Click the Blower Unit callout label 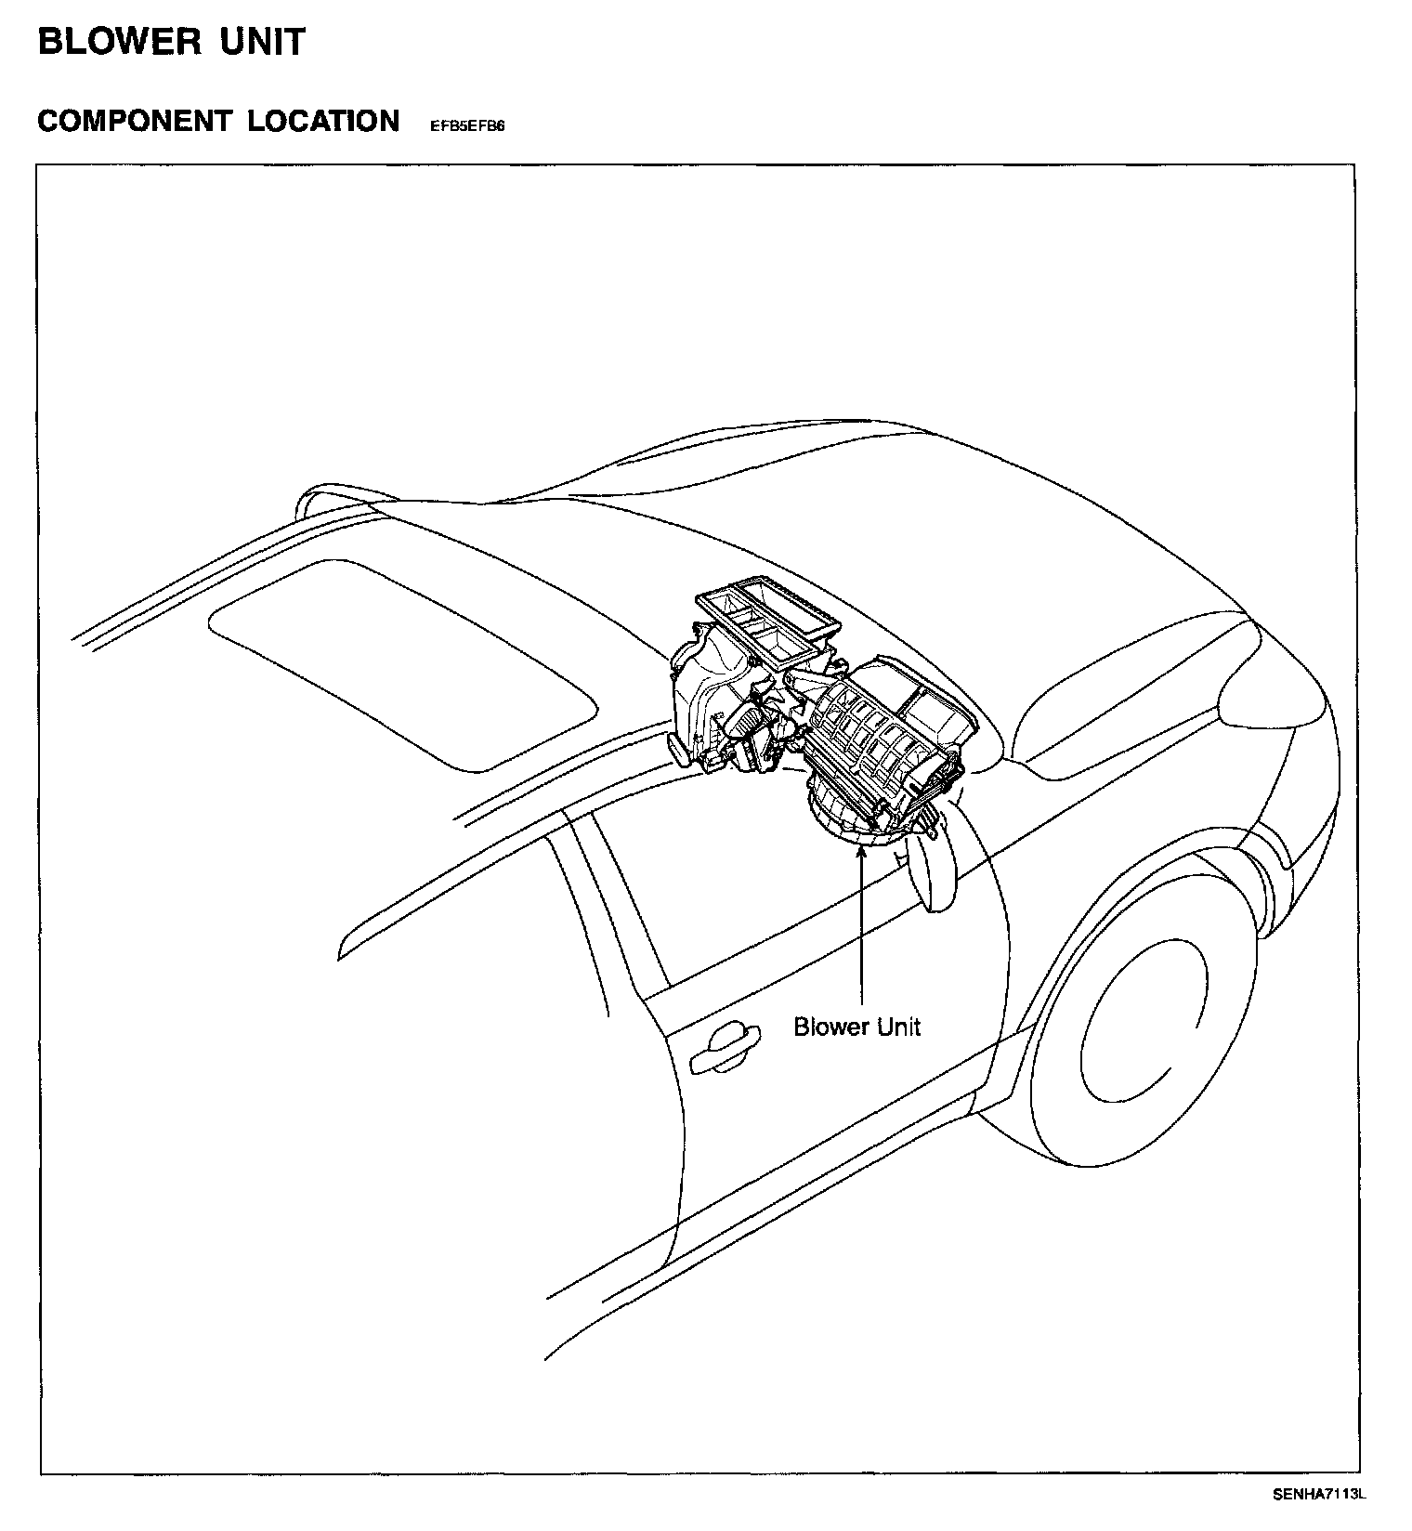pyautogui.click(x=856, y=1027)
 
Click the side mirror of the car pyautogui.click(x=931, y=866)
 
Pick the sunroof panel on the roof pyautogui.click(x=399, y=661)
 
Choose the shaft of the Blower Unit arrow pyautogui.click(x=863, y=929)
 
